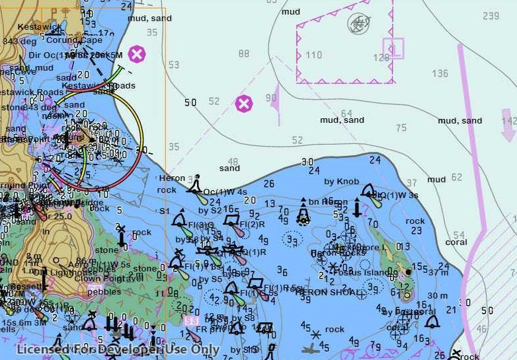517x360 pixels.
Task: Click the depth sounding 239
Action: click(x=491, y=16)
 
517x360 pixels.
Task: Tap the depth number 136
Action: click(x=440, y=73)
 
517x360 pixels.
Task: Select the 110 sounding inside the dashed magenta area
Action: click(x=313, y=55)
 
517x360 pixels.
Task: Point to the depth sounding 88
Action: click(x=245, y=54)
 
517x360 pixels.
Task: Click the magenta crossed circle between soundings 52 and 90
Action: click(x=244, y=104)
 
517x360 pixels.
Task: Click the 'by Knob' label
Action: click(x=341, y=182)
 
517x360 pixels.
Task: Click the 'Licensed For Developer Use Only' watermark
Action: click(x=118, y=350)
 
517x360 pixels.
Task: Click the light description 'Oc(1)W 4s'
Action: click(x=225, y=192)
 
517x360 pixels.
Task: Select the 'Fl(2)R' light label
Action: click(x=253, y=224)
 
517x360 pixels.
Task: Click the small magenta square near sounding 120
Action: click(x=393, y=48)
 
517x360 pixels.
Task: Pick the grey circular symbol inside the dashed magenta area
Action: click(x=358, y=24)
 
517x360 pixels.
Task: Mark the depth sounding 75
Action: click(x=401, y=128)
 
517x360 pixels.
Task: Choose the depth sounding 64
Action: click(x=346, y=114)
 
